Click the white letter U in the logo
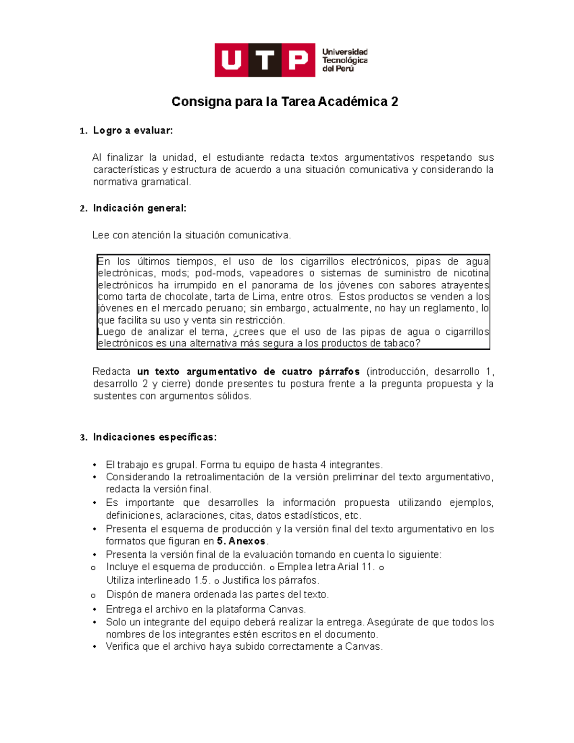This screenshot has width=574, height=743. click(232, 60)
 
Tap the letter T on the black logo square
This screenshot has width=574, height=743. click(265, 60)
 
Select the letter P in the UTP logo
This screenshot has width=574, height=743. click(298, 60)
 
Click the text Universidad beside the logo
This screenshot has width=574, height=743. click(344, 52)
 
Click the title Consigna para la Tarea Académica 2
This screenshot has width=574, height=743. click(285, 102)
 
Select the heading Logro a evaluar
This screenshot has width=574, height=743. click(132, 131)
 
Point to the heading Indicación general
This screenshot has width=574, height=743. click(139, 208)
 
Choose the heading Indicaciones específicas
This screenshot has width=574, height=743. click(155, 437)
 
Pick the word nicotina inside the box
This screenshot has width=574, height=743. click(470, 273)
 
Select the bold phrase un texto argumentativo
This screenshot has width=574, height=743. click(198, 372)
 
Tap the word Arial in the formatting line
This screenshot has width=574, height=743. click(348, 567)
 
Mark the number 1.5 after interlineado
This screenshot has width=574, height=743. click(201, 580)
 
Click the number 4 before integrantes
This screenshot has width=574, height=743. click(323, 465)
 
